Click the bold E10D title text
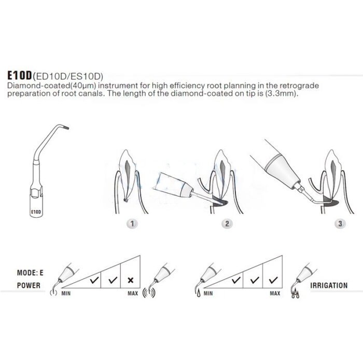[x=20, y=75]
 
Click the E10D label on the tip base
[x=36, y=212]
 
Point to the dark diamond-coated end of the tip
[x=66, y=128]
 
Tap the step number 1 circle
[x=132, y=224]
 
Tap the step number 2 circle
[x=227, y=224]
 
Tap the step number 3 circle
[x=340, y=224]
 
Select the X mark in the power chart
[x=131, y=281]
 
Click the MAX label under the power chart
[x=133, y=294]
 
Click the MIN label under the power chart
[x=66, y=294]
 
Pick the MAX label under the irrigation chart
[x=275, y=294]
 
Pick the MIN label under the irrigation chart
[x=208, y=294]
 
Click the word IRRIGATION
[x=329, y=285]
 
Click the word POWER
[x=29, y=285]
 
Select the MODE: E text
[x=30, y=273]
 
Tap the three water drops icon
[x=295, y=294]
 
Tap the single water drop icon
[x=199, y=294]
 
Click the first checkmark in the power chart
[x=94, y=280]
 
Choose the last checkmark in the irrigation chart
[x=273, y=280]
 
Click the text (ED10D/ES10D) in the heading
[x=67, y=76]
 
